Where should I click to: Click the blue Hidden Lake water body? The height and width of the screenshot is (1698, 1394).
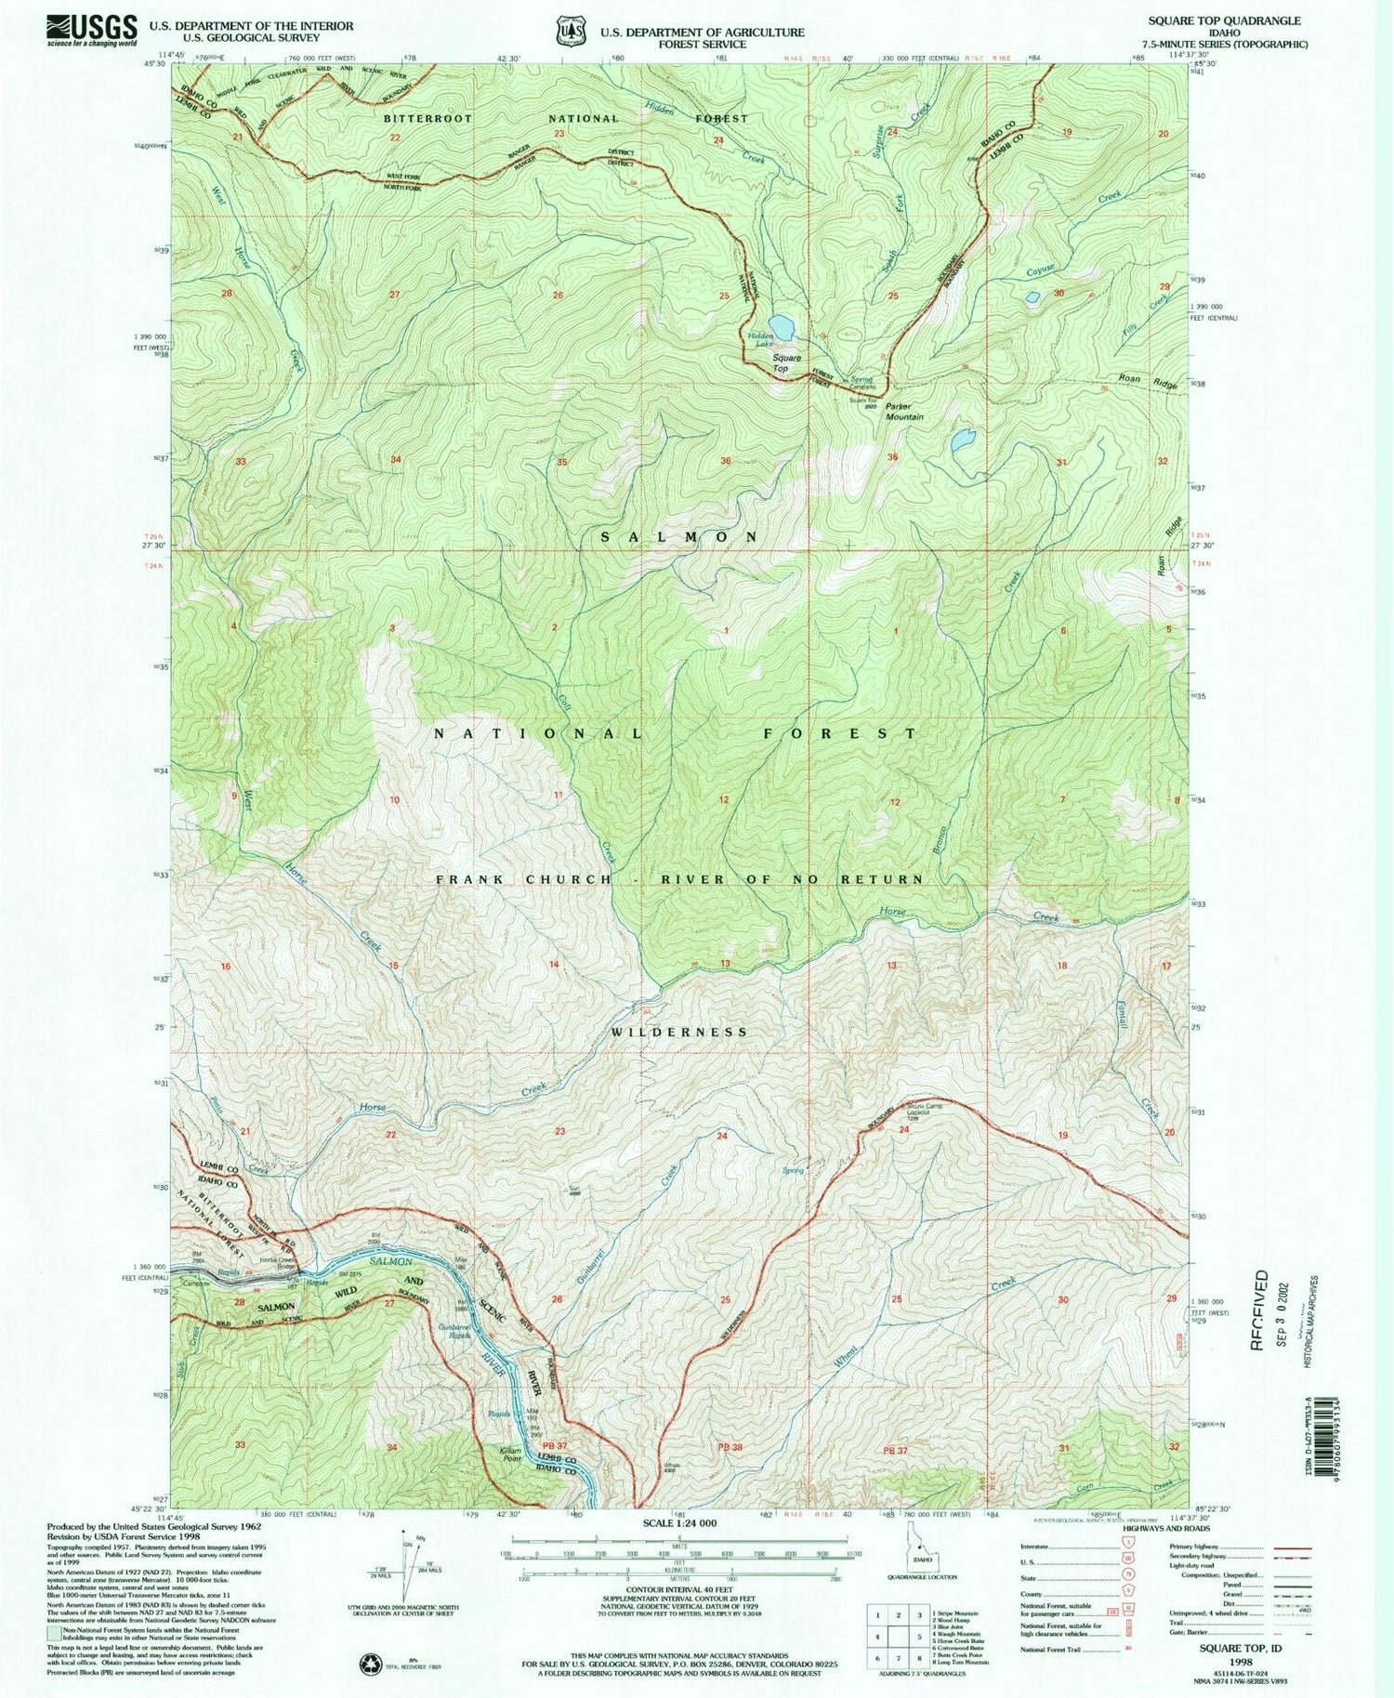(782, 327)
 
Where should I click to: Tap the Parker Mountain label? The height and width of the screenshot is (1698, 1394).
(903, 412)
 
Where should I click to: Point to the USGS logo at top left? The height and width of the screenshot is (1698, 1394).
(91, 29)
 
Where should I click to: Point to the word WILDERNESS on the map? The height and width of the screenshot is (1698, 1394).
(680, 1032)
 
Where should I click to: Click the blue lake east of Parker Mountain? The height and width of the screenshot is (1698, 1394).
(962, 439)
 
